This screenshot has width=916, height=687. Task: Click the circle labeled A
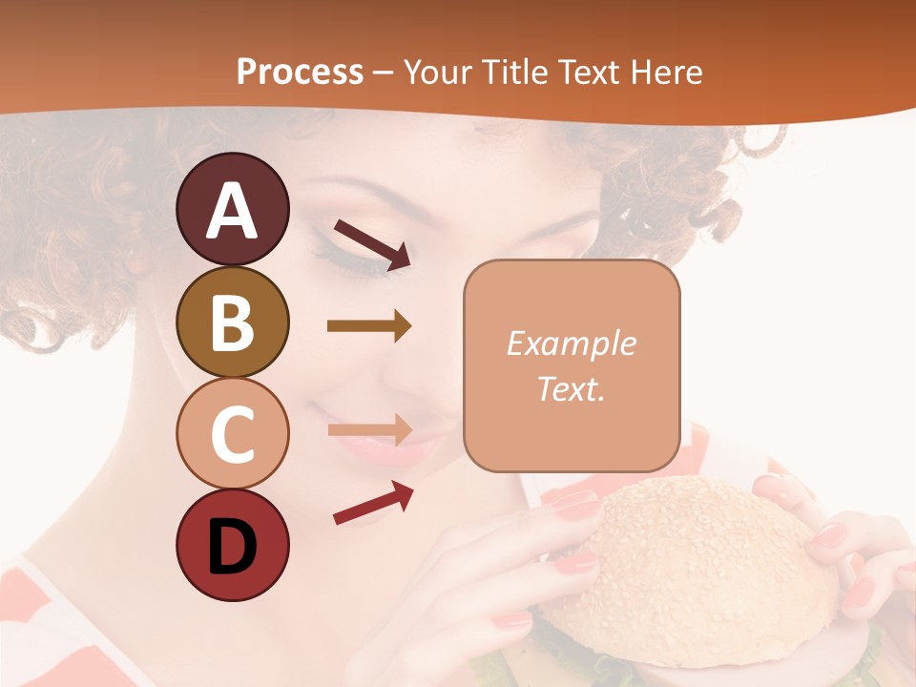pos(233,209)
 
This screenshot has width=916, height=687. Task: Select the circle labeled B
pos(233,322)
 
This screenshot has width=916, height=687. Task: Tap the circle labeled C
pos(233,433)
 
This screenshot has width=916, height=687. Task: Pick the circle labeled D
pos(233,545)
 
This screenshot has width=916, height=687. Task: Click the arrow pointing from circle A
pos(372,243)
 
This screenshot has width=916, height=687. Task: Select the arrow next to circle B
pos(369,326)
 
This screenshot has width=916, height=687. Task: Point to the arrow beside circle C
pos(369,429)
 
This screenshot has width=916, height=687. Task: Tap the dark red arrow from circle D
pos(373,503)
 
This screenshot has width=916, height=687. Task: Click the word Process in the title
pos(300,72)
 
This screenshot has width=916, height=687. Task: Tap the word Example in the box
pos(571,343)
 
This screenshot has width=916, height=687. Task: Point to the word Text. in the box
pos(571,388)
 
